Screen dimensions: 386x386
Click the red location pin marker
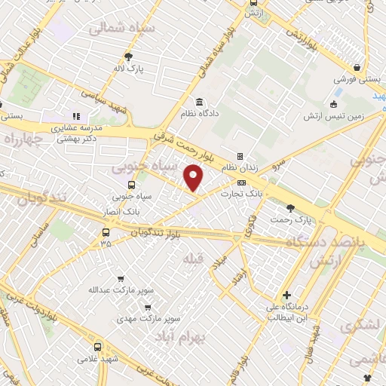click(194, 178)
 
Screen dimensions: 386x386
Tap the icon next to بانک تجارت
click(241, 182)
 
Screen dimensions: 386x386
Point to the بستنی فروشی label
click(355, 78)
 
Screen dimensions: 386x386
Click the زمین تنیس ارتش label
click(334, 116)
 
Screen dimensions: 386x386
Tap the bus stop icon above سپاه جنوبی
click(133, 185)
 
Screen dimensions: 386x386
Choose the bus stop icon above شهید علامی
click(97, 347)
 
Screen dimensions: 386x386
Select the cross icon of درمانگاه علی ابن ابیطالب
click(286, 295)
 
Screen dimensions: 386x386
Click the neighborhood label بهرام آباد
click(183, 336)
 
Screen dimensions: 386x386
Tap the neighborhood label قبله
click(193, 259)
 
